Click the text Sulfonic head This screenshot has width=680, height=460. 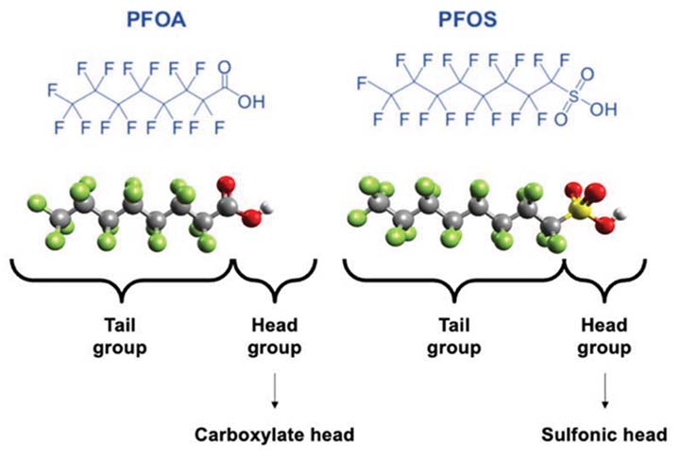[x=603, y=435]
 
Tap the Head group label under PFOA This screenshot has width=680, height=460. [x=274, y=337]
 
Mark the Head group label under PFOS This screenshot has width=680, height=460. [x=604, y=337]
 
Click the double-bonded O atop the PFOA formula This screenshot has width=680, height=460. [x=224, y=67]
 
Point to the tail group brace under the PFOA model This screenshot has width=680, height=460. [x=121, y=280]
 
